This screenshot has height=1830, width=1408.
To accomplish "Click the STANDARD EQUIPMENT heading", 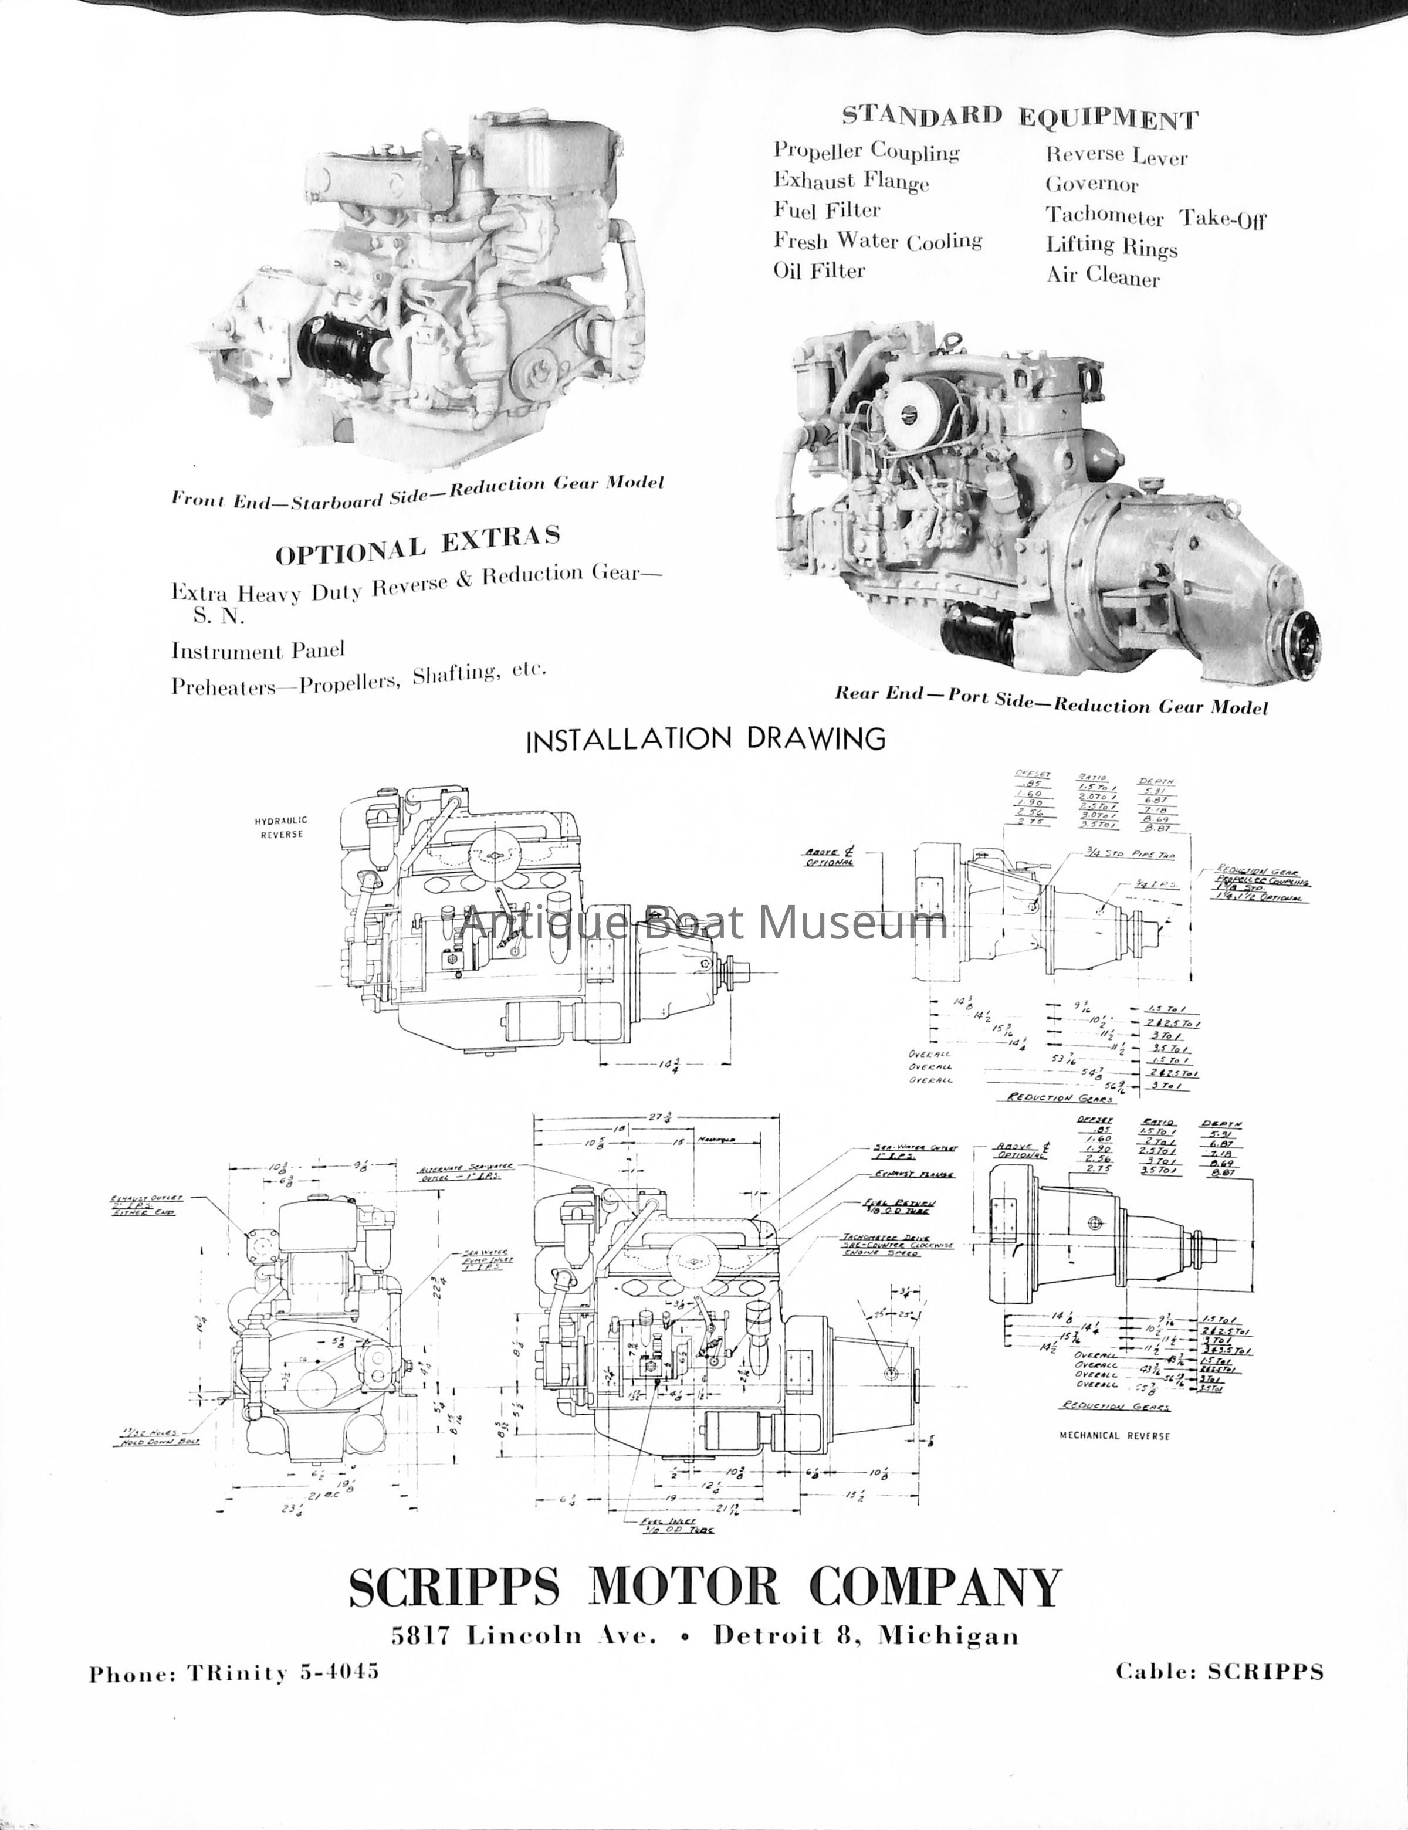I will pos(1020,117).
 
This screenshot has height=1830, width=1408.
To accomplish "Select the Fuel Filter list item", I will pos(827,211).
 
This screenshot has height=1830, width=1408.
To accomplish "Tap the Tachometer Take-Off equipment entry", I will pos(1155,217).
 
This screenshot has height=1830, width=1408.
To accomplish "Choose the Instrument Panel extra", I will pos(258,650).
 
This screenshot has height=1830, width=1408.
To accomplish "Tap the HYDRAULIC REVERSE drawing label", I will pos(281,828).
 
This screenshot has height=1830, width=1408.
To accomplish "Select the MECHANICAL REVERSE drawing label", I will pos(1115,1435).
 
